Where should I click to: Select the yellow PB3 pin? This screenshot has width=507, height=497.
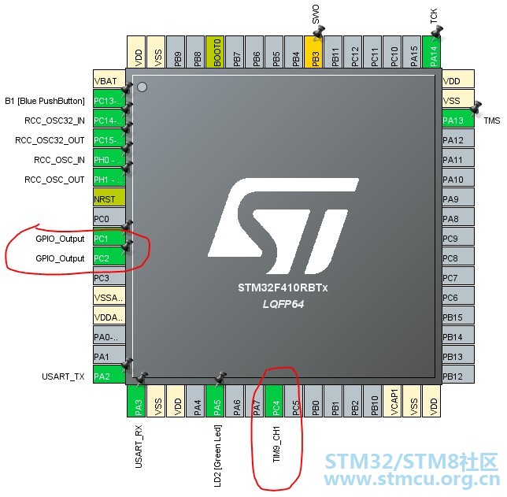tap(313, 52)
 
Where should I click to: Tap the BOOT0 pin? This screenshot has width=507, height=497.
tap(215, 52)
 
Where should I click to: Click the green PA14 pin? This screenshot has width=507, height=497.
tap(431, 52)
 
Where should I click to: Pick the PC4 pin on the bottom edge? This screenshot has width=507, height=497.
tap(274, 401)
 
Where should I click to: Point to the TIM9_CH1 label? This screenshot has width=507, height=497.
tap(276, 444)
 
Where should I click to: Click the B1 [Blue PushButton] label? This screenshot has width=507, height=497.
tap(45, 101)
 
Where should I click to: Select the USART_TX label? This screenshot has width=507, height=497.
tap(63, 376)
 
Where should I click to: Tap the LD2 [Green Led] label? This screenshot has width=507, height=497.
tap(217, 456)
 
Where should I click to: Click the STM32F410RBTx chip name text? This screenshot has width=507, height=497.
tap(283, 287)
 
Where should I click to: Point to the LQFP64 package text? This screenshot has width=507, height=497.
tap(283, 304)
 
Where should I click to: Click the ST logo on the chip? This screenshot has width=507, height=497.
tap(283, 226)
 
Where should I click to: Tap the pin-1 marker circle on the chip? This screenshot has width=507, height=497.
tap(142, 87)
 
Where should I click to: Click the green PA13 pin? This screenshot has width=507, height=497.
tap(458, 120)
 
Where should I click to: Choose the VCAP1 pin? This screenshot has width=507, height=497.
tap(392, 401)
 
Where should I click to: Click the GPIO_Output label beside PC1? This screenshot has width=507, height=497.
tap(60, 239)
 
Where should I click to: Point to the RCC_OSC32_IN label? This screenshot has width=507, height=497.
tap(54, 121)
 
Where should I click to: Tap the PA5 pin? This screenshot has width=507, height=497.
tap(215, 401)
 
